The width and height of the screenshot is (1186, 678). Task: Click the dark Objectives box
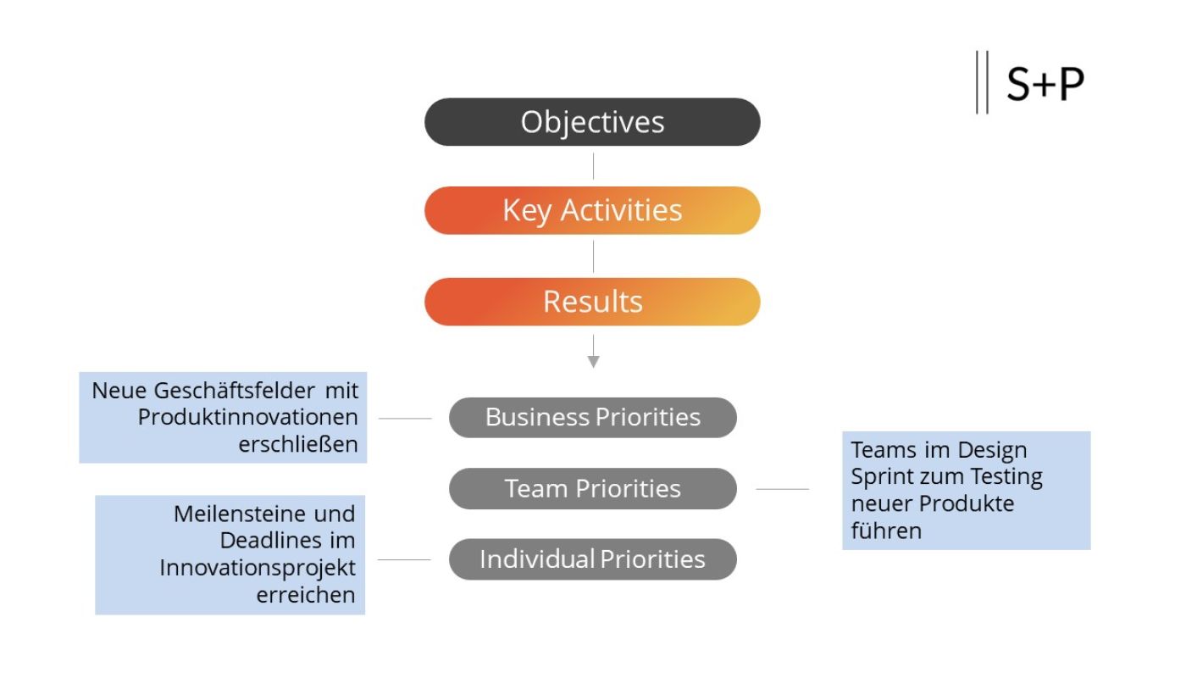592,122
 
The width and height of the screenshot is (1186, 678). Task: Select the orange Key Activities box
592,210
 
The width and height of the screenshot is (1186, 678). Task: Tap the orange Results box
592,302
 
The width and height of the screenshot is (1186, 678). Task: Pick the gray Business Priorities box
592,418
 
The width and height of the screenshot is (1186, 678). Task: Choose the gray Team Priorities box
592,489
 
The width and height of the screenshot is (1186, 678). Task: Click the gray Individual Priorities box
592,559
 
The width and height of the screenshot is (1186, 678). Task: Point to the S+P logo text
1045,84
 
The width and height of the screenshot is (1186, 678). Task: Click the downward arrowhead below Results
593,361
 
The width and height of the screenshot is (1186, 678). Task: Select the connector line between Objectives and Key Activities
593,166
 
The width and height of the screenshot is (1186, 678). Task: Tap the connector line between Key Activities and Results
593,256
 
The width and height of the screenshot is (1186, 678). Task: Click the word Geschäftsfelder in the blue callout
234,391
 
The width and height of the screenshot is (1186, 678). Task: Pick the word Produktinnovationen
247,418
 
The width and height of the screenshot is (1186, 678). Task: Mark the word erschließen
298,445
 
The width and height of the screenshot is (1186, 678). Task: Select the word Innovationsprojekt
258,568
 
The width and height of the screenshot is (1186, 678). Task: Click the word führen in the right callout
886,531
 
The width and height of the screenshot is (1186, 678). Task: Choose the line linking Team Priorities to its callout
782,489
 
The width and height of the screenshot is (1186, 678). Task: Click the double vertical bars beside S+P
982,82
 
